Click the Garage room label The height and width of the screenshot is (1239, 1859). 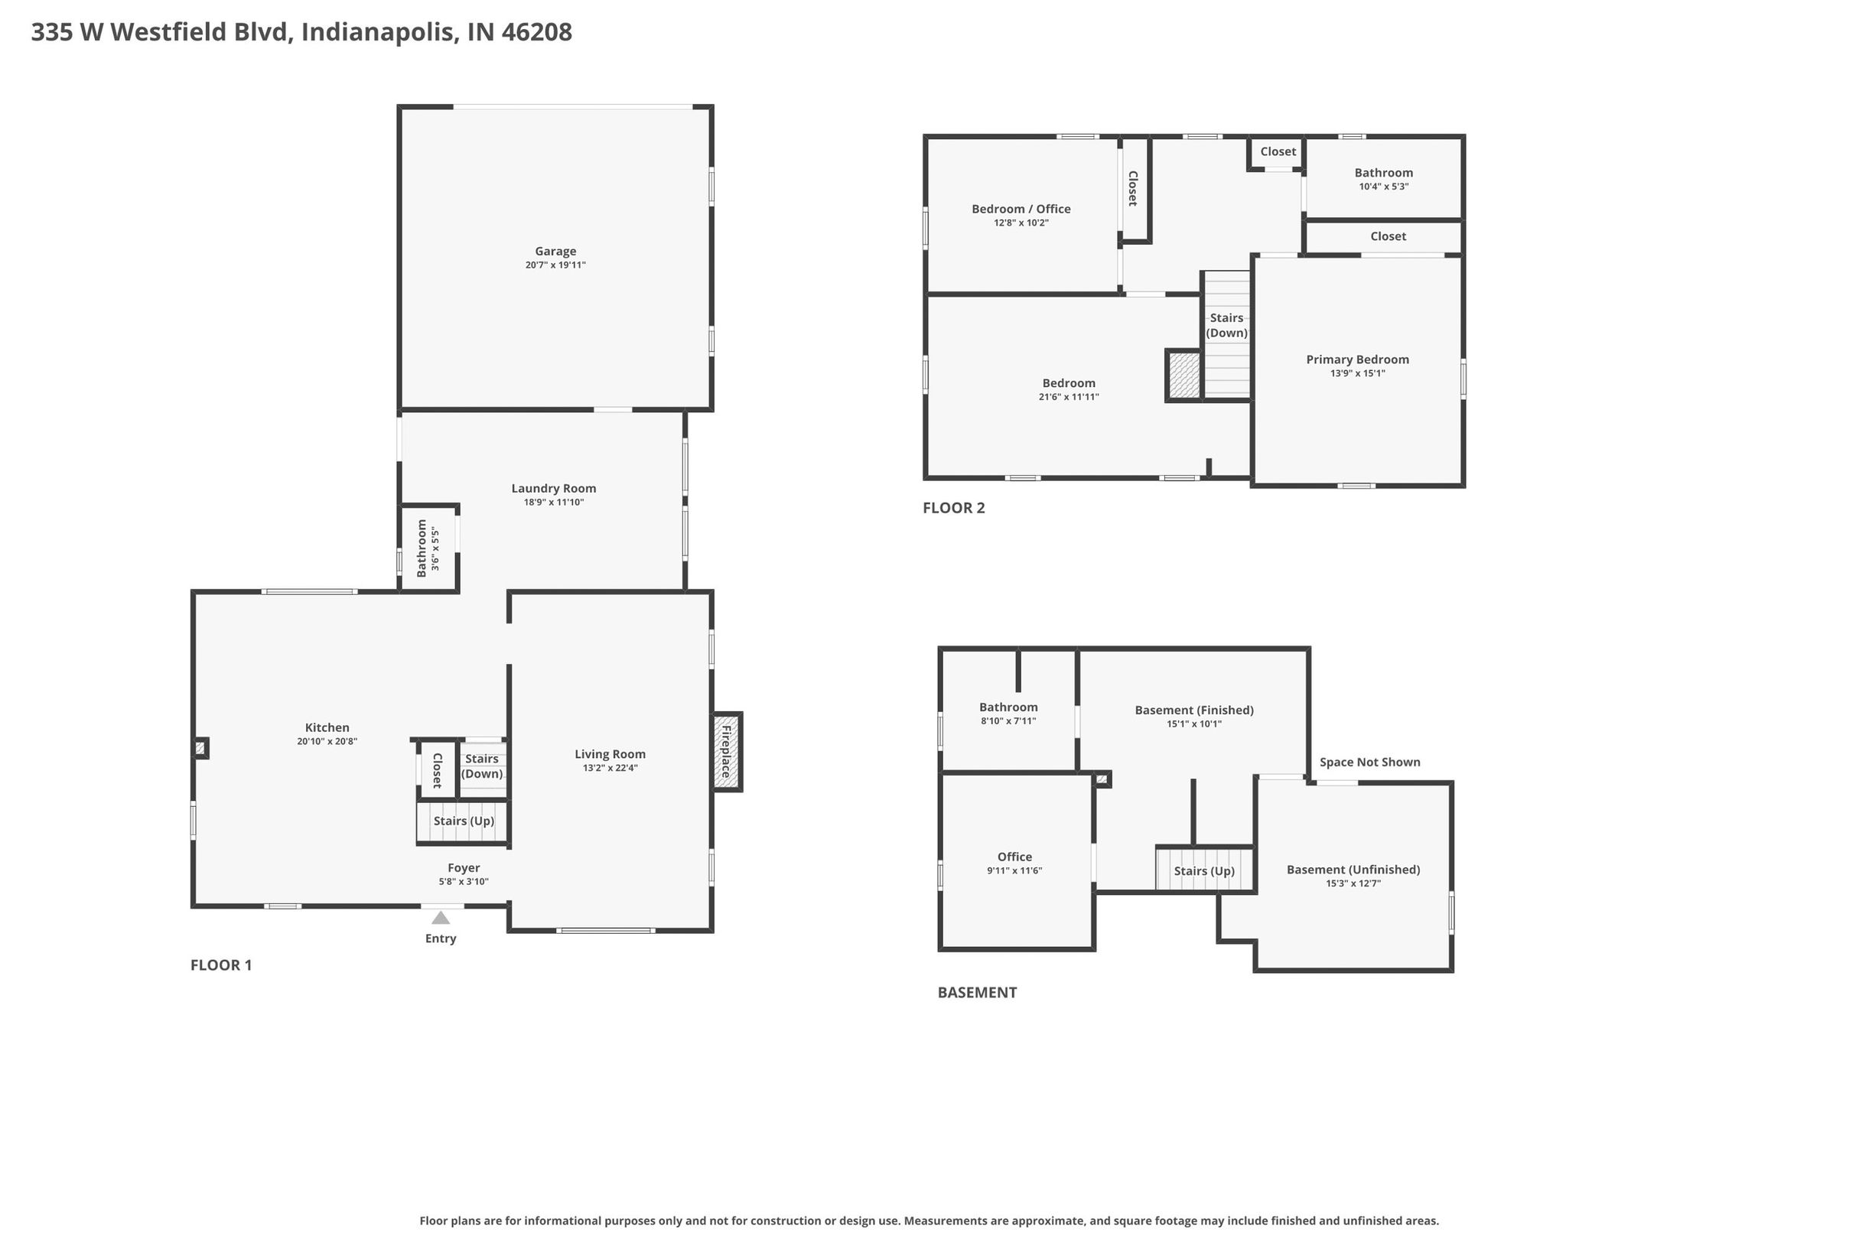coord(555,252)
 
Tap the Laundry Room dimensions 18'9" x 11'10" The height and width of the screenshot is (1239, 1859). coord(553,502)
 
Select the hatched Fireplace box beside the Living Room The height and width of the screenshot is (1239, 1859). coord(726,752)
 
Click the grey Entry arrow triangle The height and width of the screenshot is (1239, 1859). coord(441,918)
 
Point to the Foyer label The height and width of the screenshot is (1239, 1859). coord(464,867)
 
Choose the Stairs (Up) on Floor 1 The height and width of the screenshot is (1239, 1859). coord(464,821)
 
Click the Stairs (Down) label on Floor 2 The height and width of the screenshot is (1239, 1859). coord(1226,325)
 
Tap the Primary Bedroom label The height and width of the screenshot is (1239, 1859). coord(1357,359)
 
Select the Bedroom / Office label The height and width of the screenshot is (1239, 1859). coord(1021,209)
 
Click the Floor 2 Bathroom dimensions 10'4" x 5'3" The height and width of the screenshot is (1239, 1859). coord(1383,187)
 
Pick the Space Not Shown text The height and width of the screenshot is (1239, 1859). coord(1369,762)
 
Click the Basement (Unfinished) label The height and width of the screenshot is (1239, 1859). coord(1353,869)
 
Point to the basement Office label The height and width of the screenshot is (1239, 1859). coord(1014,857)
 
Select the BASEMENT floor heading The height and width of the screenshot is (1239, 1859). coord(977,993)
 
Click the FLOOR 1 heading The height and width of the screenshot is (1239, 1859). coord(221,964)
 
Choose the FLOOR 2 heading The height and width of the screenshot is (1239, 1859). coord(954,508)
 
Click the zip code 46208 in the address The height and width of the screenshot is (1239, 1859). coord(537,31)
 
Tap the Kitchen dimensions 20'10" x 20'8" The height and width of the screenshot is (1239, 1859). coord(327,742)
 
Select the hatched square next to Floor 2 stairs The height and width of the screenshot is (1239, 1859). coord(1184,376)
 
